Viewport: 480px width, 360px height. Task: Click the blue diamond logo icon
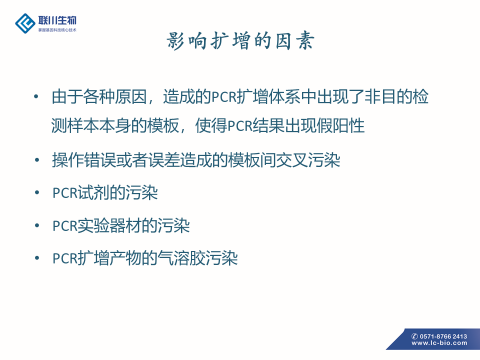(25, 23)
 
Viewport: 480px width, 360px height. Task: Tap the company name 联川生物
(57, 20)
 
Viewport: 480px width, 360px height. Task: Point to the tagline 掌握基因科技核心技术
(57, 30)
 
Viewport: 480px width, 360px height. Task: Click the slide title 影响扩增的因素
(240, 41)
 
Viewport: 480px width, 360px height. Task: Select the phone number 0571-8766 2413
(443, 336)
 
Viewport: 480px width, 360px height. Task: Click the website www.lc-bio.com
(439, 343)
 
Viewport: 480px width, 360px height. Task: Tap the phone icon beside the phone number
(415, 336)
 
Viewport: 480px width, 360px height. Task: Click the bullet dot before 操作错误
(37, 160)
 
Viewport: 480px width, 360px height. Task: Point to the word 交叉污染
(308, 160)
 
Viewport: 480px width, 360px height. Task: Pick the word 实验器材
(109, 226)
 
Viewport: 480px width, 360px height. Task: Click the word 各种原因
(115, 96)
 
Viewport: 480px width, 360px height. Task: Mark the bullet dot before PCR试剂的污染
(37, 192)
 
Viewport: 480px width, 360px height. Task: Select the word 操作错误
(84, 160)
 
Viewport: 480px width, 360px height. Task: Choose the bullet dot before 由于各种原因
(36, 96)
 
